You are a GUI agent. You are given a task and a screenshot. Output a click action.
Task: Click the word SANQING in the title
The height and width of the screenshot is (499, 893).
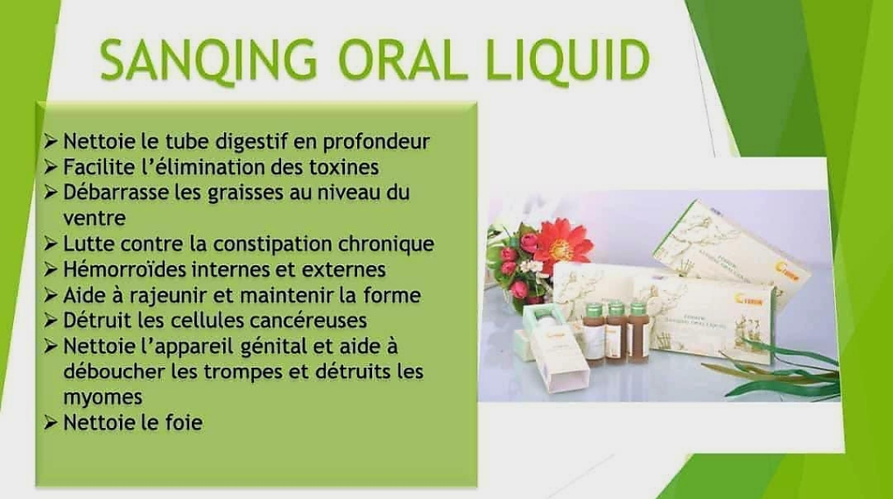point(208,60)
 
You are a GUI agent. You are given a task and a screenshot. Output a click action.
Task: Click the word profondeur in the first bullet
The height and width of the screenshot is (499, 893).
point(376,142)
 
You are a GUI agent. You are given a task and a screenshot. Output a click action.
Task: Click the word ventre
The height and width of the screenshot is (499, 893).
point(95,219)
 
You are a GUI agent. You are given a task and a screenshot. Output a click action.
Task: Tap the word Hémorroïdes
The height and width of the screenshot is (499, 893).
point(124,269)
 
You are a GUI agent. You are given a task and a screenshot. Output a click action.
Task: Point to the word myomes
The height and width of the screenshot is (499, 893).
point(102,397)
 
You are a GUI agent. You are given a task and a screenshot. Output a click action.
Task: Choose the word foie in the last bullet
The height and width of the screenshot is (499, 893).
point(184,422)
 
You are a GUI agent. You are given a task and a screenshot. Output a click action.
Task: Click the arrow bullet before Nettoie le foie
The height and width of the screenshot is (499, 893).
point(51,423)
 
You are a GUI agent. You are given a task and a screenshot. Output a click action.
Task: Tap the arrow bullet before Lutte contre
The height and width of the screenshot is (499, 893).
point(51,244)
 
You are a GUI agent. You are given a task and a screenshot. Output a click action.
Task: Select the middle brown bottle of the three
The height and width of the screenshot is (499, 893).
point(617,333)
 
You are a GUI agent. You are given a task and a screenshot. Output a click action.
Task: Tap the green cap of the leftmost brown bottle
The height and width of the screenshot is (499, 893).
point(594,311)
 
